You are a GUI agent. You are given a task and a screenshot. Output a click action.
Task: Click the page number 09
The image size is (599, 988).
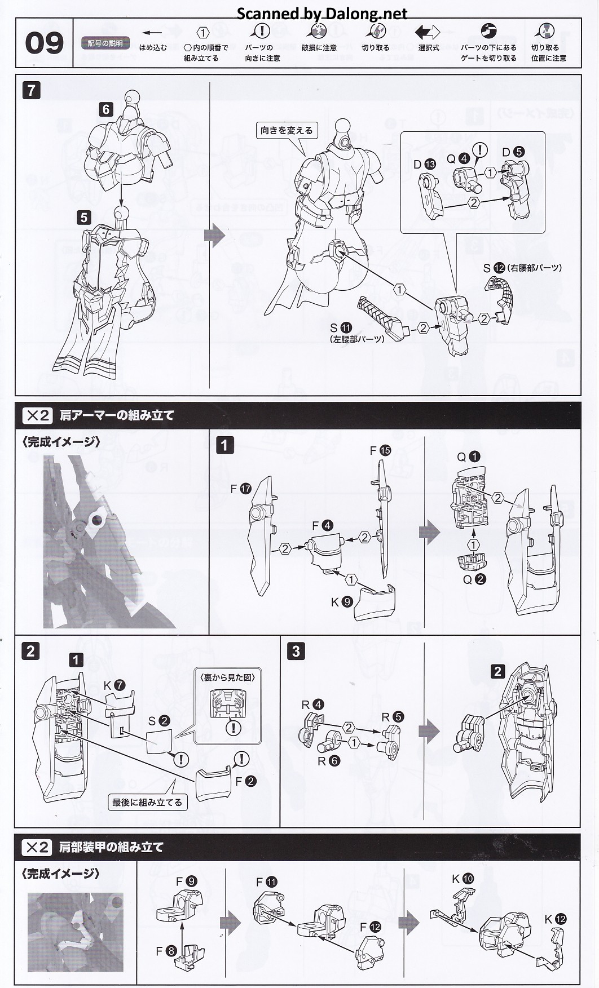pyautogui.click(x=44, y=43)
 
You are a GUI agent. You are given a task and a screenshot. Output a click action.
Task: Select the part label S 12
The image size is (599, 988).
pyautogui.click(x=494, y=268)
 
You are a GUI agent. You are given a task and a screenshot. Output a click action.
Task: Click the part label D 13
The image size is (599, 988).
pyautogui.click(x=424, y=164)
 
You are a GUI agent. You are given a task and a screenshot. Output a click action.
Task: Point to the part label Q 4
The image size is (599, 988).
pyautogui.click(x=457, y=158)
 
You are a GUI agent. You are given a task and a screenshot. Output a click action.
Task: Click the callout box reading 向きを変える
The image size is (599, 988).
pyautogui.click(x=286, y=130)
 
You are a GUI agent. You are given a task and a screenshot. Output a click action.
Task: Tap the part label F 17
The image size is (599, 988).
pyautogui.click(x=240, y=489)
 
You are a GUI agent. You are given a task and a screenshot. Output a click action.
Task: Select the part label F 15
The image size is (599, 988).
pyautogui.click(x=380, y=450)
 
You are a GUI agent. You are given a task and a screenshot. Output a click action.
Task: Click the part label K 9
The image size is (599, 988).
pyautogui.click(x=341, y=601)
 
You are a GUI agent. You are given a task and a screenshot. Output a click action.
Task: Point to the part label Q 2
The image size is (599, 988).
pyautogui.click(x=474, y=579)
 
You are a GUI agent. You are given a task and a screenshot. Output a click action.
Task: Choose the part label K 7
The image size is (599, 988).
pyautogui.click(x=113, y=685)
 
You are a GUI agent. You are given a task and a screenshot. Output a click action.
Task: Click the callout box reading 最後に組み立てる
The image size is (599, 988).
pyautogui.click(x=147, y=801)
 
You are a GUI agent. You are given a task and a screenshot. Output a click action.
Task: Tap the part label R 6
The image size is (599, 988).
pyautogui.click(x=328, y=761)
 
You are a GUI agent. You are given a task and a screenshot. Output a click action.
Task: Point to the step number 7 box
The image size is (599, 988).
pyautogui.click(x=31, y=90)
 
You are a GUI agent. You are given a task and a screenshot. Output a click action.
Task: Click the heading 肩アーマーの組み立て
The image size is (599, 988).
pyautogui.click(x=117, y=415)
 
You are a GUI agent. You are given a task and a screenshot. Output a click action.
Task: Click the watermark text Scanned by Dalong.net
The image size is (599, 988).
pyautogui.click(x=321, y=13)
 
